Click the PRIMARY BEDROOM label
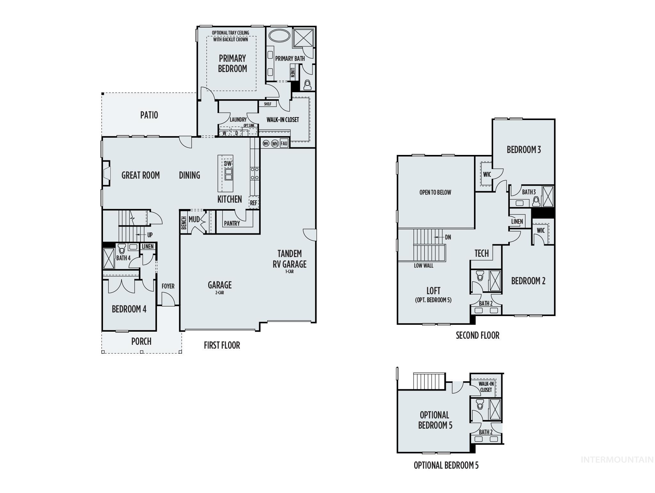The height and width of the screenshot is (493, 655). [x=233, y=63]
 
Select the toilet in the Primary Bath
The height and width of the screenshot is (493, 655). [x=307, y=85]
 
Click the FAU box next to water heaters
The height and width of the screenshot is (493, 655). [x=284, y=143]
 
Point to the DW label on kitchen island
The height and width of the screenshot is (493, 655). [x=228, y=164]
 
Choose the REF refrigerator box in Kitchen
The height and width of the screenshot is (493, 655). [x=254, y=203]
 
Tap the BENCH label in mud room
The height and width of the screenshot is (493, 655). [x=184, y=223]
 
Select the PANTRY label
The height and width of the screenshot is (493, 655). [x=232, y=223]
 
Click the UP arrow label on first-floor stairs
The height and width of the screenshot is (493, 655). [x=150, y=235]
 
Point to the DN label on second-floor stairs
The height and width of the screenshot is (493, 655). [x=448, y=237]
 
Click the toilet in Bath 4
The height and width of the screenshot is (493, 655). [x=122, y=248]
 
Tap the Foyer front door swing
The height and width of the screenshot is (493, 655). [x=167, y=300]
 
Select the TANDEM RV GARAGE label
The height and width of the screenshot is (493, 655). [x=289, y=259]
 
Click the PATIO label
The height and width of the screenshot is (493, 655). [x=149, y=115]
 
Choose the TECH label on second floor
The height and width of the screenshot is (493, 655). [x=481, y=253]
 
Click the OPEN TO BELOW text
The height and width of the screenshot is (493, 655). [x=435, y=192]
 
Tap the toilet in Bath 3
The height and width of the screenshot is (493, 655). [x=536, y=201]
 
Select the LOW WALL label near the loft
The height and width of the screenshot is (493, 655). [x=423, y=265]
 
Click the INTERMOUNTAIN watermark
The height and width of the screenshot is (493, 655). [x=617, y=460]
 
